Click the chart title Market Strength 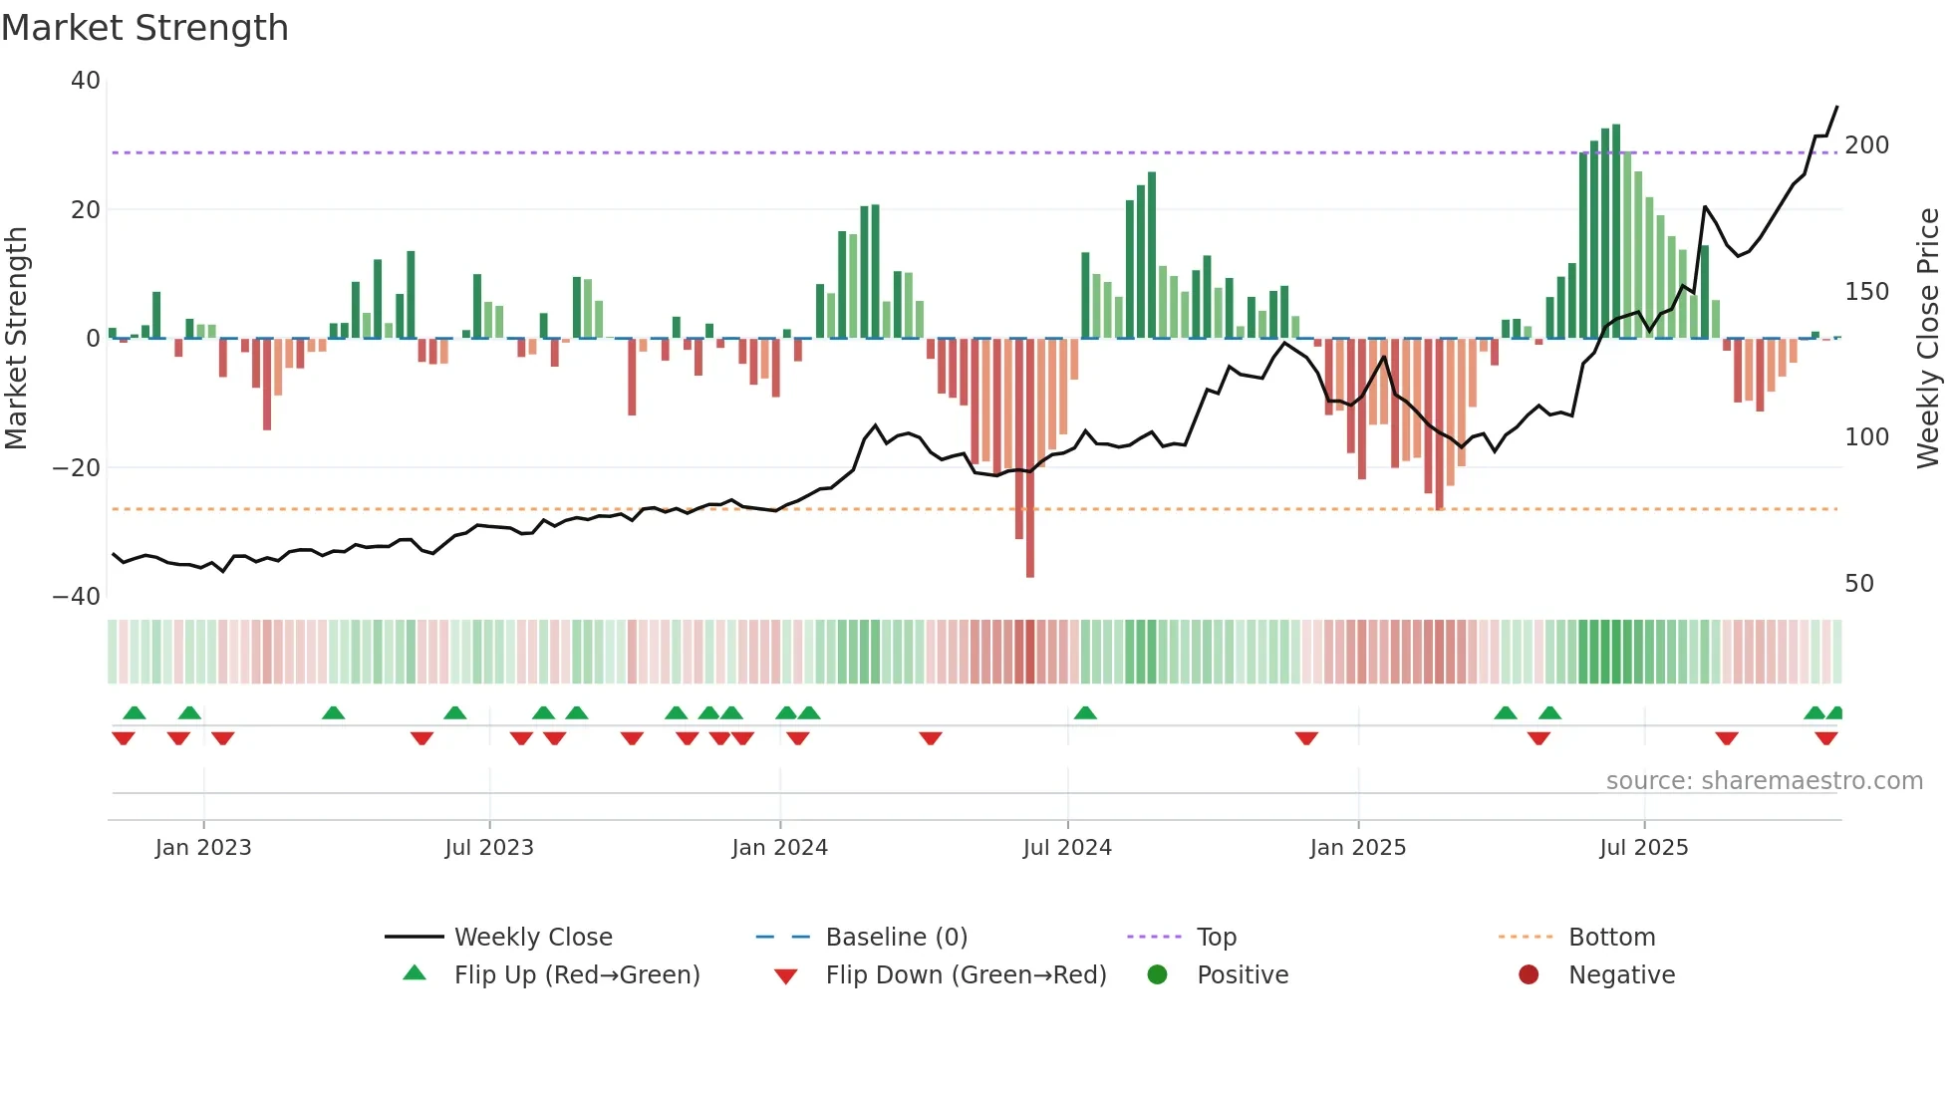(144, 28)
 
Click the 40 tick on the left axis (86, 81)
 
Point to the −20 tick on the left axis (77, 467)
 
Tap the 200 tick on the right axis (1866, 145)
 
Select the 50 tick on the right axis (1859, 584)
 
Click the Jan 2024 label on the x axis (779, 848)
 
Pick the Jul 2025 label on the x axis (1643, 848)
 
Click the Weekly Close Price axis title (1928, 339)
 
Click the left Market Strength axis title (17, 339)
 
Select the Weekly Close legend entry (533, 938)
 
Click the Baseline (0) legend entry (896, 938)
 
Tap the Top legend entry (1216, 938)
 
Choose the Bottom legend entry (1611, 938)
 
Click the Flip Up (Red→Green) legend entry (576, 975)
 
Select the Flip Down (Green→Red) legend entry (965, 975)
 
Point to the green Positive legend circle (1157, 974)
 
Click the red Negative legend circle (1529, 974)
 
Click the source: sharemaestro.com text (1764, 781)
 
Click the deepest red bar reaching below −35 (1029, 458)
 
